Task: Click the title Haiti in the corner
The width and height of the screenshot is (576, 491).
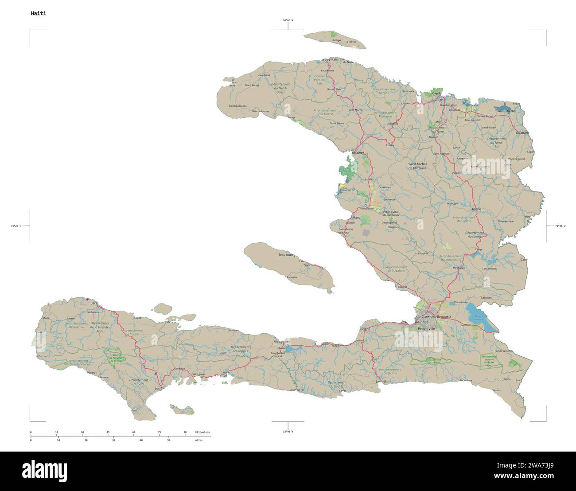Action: tap(38, 13)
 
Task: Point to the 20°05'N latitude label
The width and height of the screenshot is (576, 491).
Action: tap(288, 20)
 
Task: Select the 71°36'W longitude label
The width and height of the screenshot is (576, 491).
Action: tap(560, 226)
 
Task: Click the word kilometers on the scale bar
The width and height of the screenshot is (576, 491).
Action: tap(202, 432)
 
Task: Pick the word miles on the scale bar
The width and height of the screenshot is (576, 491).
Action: tap(198, 440)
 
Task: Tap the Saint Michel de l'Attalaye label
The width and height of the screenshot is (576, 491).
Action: tap(417, 166)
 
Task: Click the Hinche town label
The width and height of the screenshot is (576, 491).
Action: tap(475, 209)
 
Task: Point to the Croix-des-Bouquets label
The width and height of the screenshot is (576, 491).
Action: tap(436, 316)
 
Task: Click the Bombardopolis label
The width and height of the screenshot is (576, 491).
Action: tap(237, 106)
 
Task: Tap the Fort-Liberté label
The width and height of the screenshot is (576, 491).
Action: tap(506, 111)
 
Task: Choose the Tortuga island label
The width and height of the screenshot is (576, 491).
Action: tap(336, 40)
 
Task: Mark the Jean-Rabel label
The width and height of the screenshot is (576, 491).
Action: tap(263, 75)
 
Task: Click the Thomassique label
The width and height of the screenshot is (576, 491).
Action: tap(506, 221)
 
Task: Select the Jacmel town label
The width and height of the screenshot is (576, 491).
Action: tap(381, 381)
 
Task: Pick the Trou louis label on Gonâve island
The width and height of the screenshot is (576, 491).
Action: tap(287, 255)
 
